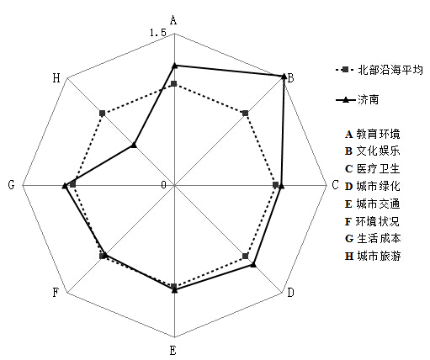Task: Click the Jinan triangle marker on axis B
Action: [284, 76]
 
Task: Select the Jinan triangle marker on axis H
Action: [134, 145]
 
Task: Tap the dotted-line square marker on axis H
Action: [103, 114]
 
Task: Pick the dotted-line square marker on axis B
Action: [246, 114]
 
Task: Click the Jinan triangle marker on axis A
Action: [174, 66]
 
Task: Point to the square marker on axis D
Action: [246, 256]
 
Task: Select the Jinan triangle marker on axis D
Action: [253, 264]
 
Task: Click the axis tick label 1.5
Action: [158, 33]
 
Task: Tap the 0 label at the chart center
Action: [163, 185]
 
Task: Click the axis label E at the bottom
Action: [173, 351]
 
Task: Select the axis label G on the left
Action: [11, 185]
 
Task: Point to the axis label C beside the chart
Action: [335, 185]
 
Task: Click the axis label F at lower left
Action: [56, 293]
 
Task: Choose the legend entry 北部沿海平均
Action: [380, 70]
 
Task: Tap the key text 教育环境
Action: [378, 135]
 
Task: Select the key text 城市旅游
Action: [379, 256]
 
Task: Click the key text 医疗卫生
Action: [378, 169]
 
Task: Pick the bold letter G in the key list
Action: [349, 239]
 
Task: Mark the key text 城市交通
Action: [378, 204]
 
